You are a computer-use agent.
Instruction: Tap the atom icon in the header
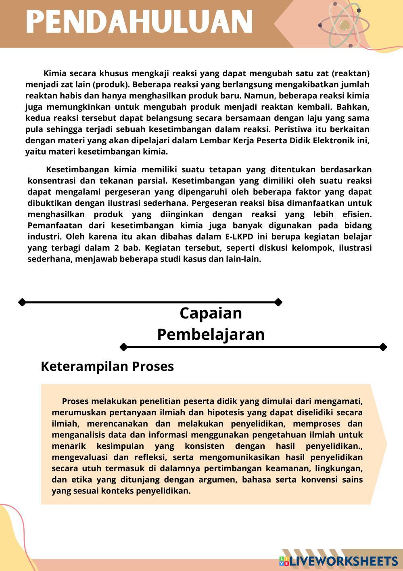344,25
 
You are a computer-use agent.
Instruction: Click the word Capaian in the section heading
211,313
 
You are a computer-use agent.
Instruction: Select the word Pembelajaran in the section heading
211,335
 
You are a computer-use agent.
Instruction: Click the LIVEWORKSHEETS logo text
343,561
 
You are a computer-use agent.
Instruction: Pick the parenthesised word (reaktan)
351,73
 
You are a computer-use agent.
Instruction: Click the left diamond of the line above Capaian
22,302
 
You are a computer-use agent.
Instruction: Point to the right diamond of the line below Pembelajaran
383,347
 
